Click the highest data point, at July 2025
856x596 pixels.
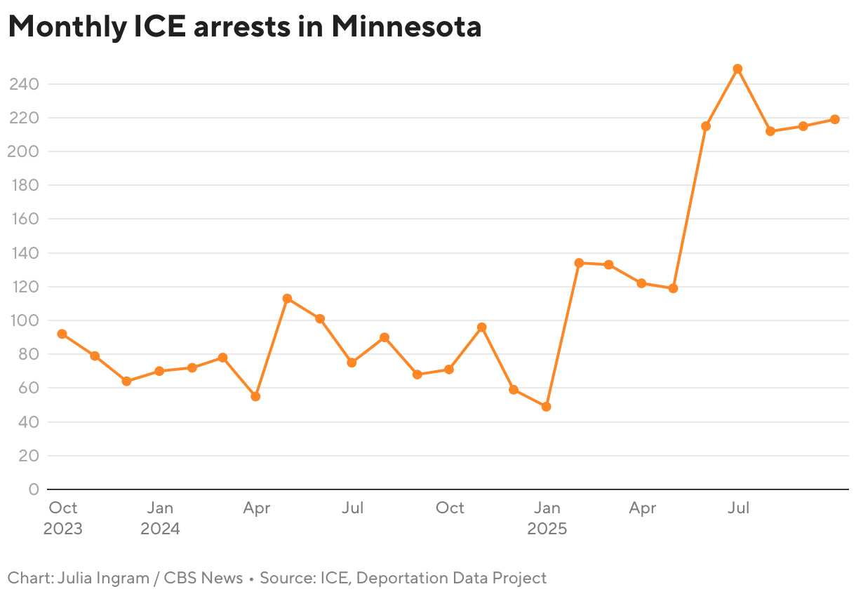(x=737, y=69)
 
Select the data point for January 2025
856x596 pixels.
(x=546, y=407)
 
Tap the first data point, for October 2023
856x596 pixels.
(x=62, y=334)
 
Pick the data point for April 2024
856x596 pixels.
(x=255, y=396)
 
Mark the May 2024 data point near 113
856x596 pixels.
(x=287, y=299)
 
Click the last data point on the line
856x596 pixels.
(x=834, y=119)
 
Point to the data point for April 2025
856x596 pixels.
(x=641, y=283)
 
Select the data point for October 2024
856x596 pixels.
(x=449, y=370)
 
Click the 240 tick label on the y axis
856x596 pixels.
(x=24, y=84)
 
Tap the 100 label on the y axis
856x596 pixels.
(x=24, y=320)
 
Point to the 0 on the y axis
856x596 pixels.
(x=33, y=489)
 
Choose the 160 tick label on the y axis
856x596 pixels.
(x=24, y=219)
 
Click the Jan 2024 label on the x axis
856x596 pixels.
(x=160, y=517)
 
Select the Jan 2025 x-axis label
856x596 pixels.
(x=547, y=517)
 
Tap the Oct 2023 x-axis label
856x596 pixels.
(x=63, y=517)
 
